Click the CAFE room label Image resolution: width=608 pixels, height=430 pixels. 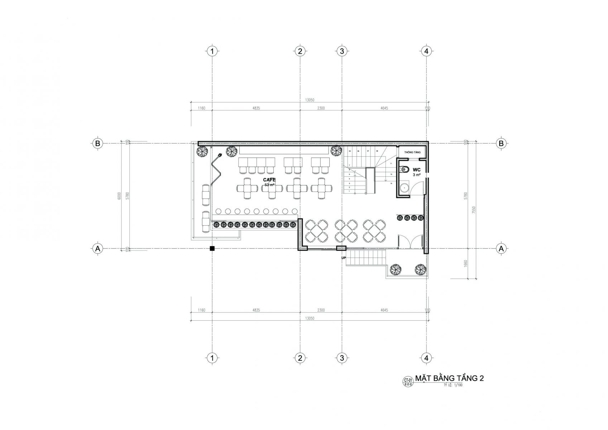[x=269, y=180]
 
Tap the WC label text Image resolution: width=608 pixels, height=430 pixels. [x=416, y=169]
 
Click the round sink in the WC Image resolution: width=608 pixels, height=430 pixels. [x=404, y=187]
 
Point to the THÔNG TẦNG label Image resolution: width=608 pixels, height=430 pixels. [x=412, y=152]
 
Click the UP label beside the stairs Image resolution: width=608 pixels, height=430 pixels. [x=343, y=257]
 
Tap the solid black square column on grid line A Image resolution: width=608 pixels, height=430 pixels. [x=212, y=248]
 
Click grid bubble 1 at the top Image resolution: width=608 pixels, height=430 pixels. [x=212, y=51]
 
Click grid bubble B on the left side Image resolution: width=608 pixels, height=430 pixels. [x=97, y=143]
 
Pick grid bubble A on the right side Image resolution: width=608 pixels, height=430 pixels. [x=501, y=248]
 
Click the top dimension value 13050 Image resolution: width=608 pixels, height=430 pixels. [x=309, y=100]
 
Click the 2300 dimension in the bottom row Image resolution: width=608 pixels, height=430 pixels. [x=321, y=310]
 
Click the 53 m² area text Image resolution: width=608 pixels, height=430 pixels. [x=269, y=185]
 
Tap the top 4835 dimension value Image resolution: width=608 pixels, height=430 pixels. [x=256, y=108]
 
